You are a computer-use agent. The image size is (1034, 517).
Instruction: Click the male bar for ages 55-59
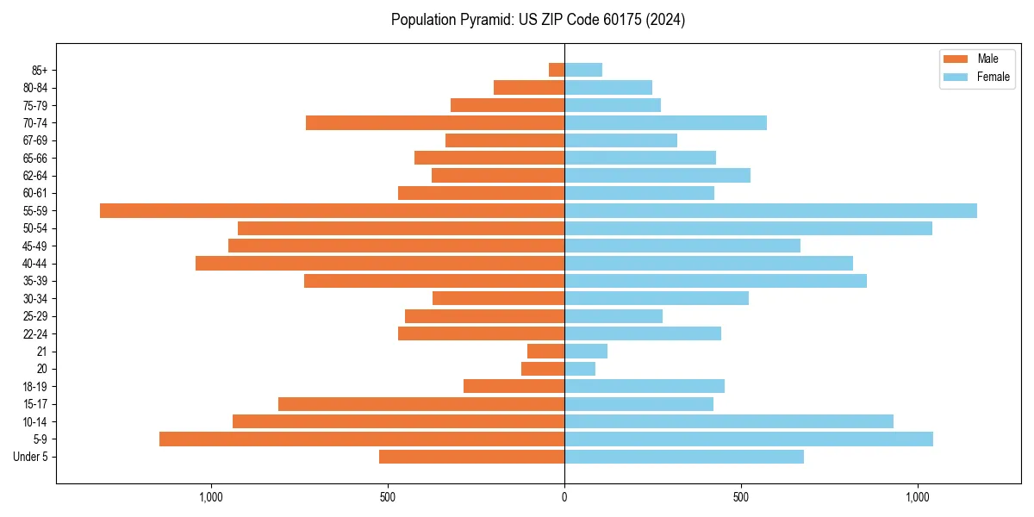click(x=332, y=210)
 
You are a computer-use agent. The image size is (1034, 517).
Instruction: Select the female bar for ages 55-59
click(x=770, y=210)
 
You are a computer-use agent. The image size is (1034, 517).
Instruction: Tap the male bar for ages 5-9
click(x=362, y=439)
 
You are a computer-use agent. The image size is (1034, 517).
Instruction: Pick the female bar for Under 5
click(x=683, y=457)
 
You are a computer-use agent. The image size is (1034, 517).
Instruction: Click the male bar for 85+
click(x=557, y=70)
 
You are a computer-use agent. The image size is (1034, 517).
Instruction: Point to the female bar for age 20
click(x=580, y=369)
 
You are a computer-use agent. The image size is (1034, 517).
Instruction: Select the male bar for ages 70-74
click(x=435, y=122)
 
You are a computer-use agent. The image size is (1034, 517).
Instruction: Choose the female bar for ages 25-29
click(x=614, y=316)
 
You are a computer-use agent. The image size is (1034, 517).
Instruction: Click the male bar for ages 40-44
click(x=380, y=263)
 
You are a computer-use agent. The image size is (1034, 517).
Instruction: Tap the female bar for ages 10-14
click(x=728, y=421)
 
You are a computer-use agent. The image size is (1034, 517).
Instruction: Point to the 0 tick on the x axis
click(x=564, y=497)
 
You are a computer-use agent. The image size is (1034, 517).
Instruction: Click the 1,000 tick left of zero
click(x=211, y=497)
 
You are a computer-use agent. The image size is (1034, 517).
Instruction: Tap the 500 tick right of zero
click(x=741, y=497)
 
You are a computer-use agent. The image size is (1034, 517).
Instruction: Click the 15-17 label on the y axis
click(x=34, y=404)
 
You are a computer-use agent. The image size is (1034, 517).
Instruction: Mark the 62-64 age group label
click(x=34, y=176)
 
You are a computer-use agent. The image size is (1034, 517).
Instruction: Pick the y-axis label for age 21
click(x=42, y=352)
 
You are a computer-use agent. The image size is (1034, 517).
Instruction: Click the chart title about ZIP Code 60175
click(x=538, y=20)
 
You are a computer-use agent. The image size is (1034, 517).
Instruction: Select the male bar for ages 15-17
click(x=421, y=404)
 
